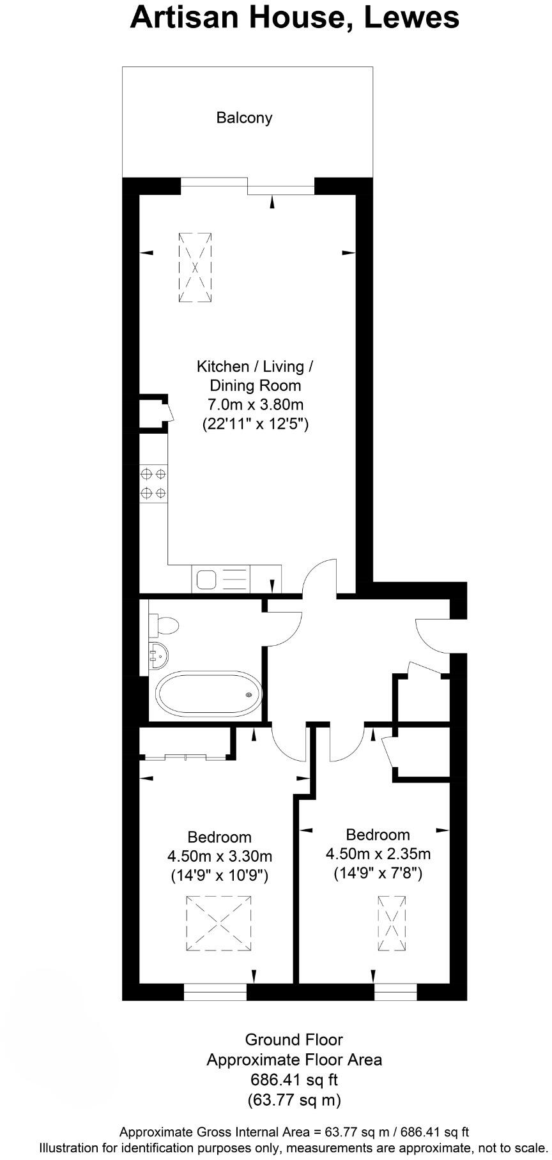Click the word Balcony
pos(244,118)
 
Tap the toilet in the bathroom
pos(162,625)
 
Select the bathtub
pos(208,694)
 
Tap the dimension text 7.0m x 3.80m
pos(255,404)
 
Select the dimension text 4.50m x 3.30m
pos(219,856)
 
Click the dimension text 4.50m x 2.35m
pos(378,853)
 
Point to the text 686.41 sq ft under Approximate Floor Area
pos(294,1080)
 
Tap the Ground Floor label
pos(294,1039)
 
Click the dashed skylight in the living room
pos(195,268)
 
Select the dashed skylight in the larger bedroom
pos(219,923)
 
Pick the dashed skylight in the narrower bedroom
pos(392,924)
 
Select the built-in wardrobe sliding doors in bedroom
pos(185,758)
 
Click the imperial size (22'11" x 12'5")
pos(255,424)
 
